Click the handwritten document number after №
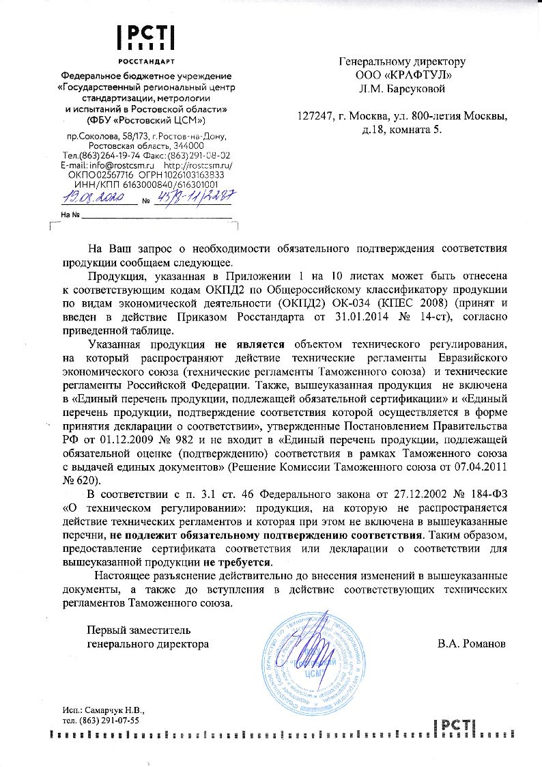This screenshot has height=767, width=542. point(195,196)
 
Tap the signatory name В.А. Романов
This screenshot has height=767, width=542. point(472,643)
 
